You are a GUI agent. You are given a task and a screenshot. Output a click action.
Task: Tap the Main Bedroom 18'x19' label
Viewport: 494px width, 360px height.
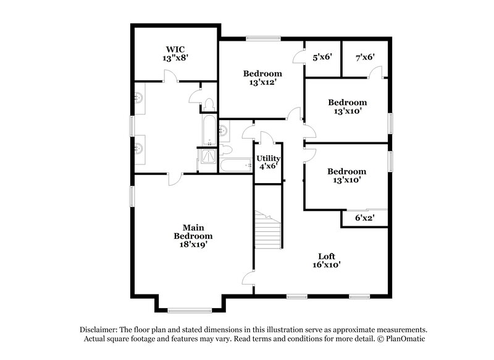coord(193,236)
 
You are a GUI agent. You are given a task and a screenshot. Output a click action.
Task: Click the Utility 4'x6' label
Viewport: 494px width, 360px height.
coord(269,162)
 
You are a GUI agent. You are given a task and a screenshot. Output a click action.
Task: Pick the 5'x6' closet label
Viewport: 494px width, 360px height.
coord(322,57)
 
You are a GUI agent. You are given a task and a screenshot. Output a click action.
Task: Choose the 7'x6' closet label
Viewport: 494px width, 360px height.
coord(365,57)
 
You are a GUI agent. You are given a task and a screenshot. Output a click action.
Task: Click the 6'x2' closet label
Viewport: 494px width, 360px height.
coord(364,218)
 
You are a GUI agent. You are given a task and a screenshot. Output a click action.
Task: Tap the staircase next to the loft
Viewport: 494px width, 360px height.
coord(269,229)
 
